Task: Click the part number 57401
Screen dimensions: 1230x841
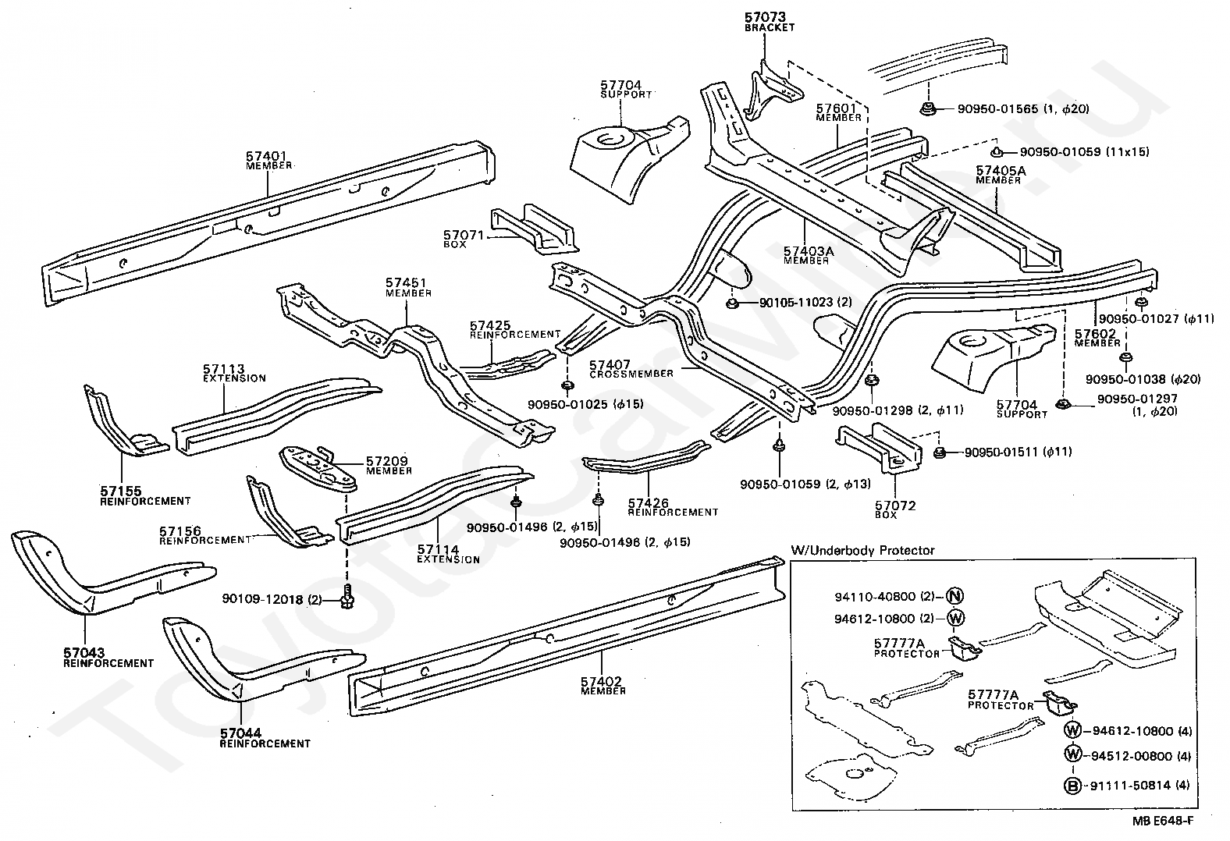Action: point(266,157)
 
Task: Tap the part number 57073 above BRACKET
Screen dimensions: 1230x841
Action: point(765,17)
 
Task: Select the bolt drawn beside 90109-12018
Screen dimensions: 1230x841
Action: point(347,597)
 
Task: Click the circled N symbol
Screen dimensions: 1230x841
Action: point(956,595)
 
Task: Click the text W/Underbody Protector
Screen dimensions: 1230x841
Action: point(862,550)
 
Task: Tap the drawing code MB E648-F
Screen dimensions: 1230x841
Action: point(1162,821)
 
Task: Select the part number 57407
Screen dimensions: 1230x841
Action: point(610,364)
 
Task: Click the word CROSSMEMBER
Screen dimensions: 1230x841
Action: point(631,374)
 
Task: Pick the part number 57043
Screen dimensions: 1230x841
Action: point(84,653)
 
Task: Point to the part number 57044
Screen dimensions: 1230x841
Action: point(240,733)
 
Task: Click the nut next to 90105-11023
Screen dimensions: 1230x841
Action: point(731,303)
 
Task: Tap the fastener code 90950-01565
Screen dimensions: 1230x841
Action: point(997,109)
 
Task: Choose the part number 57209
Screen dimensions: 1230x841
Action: point(387,461)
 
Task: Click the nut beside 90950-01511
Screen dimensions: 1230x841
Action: point(940,453)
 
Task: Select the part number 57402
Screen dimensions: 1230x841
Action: point(601,682)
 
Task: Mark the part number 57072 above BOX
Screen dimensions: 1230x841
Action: point(896,506)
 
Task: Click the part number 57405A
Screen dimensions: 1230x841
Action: point(1001,171)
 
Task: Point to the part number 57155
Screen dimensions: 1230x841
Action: point(121,491)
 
